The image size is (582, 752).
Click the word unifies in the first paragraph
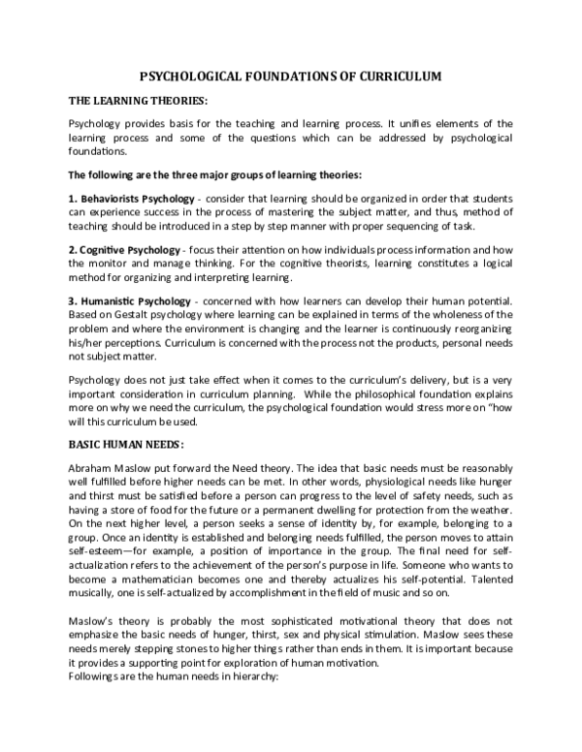(404, 125)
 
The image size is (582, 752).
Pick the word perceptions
(128, 337)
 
